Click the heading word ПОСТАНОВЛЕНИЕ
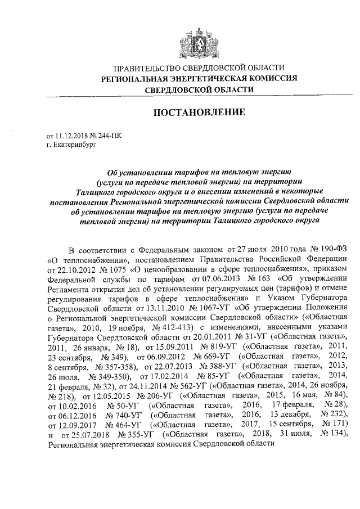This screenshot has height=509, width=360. [x=200, y=112]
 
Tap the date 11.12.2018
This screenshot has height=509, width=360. [x=71, y=136]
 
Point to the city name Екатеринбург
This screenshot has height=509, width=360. [x=75, y=144]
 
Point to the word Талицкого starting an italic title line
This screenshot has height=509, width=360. [x=96, y=192]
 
